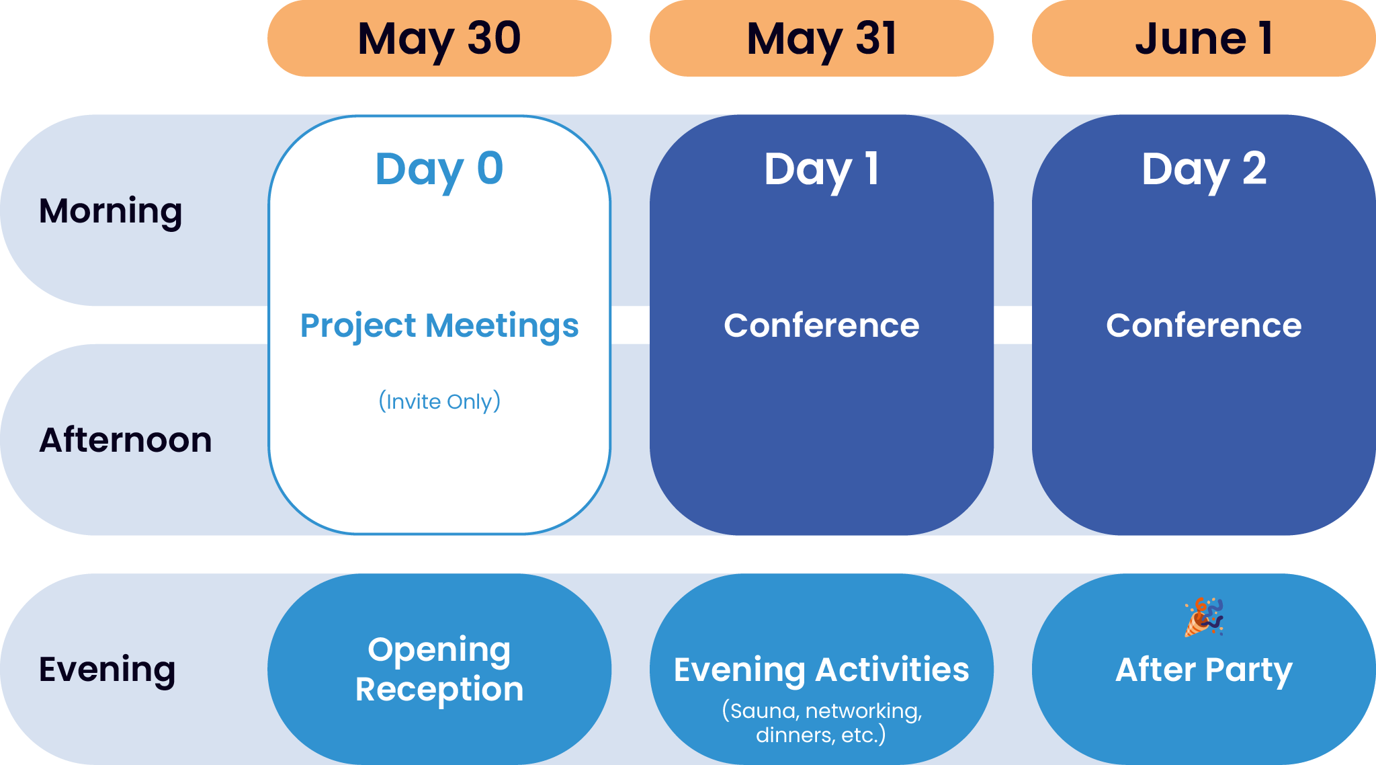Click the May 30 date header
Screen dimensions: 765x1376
[439, 38]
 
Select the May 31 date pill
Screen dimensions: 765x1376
[821, 38]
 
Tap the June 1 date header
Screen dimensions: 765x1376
[1203, 38]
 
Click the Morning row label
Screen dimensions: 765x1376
[111, 211]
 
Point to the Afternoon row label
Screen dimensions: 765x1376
[126, 440]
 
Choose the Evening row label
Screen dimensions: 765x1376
[107, 670]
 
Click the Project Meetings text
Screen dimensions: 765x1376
[439, 326]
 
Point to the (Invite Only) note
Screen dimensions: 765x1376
[439, 401]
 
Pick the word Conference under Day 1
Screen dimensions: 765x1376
[821, 326]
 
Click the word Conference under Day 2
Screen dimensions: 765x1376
[1203, 326]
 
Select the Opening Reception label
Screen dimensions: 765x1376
[439, 669]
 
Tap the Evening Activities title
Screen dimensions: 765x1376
[821, 670]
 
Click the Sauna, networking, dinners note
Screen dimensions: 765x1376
[821, 723]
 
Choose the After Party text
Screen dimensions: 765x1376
[1203, 670]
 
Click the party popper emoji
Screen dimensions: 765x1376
[1203, 617]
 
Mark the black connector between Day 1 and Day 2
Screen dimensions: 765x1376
[1013, 325]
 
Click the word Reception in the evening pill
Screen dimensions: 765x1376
[439, 690]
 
